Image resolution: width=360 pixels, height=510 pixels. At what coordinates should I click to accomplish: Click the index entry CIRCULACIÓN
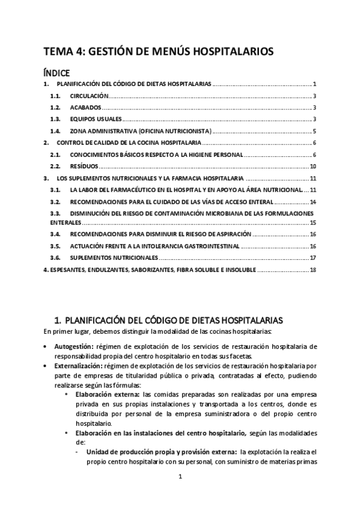89,96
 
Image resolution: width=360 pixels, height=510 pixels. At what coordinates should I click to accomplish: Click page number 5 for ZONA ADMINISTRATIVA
314,131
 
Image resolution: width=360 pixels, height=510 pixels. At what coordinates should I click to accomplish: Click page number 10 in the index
313,166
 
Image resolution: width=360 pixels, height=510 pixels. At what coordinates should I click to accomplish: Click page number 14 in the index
313,201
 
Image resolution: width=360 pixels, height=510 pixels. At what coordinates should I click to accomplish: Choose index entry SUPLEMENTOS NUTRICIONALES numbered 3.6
114,257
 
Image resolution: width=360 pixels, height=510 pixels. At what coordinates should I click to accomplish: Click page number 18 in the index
313,269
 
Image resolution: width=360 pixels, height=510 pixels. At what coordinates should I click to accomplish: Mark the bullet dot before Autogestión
47,347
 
